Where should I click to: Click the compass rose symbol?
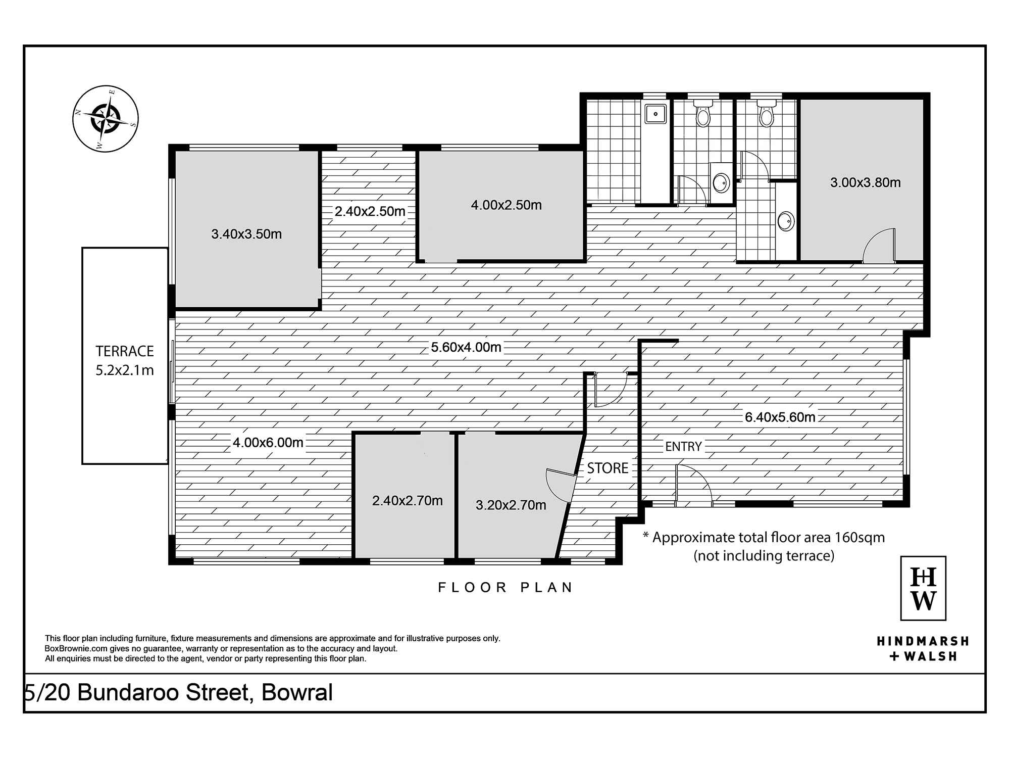point(105,119)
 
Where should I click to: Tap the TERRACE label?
point(125,351)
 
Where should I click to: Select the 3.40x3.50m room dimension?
point(246,234)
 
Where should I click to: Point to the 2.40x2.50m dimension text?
point(370,211)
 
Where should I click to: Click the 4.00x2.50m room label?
point(507,205)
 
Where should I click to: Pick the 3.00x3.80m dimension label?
point(866,182)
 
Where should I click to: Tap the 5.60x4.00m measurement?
point(466,347)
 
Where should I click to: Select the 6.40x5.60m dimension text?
point(780,417)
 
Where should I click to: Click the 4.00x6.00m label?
point(268,443)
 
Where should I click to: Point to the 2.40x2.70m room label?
point(408,500)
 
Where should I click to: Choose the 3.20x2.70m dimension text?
point(511,505)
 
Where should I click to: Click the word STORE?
point(608,468)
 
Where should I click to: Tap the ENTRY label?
point(683,446)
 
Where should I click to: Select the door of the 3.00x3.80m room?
point(879,246)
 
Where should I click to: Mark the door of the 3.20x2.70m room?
point(561,483)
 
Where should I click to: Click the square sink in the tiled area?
point(656,114)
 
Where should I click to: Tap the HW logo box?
point(923,588)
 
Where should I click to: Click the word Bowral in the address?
point(297,692)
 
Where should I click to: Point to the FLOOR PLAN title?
point(505,587)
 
